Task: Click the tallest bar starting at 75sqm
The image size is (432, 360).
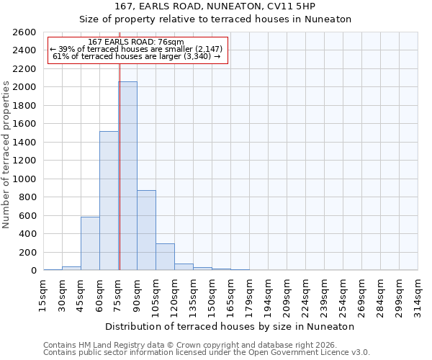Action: pyautogui.click(x=127, y=176)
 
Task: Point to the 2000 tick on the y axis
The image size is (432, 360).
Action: pyautogui.click(x=26, y=87)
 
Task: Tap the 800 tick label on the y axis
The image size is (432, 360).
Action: pyautogui.click(x=29, y=197)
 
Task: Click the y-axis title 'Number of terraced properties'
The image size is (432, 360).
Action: pyautogui.click(x=6, y=155)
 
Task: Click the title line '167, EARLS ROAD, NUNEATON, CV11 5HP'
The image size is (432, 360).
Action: pyautogui.click(x=215, y=6)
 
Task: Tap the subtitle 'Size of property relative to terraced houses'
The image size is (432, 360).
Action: pyautogui.click(x=215, y=19)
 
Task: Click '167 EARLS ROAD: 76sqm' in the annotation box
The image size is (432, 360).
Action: pyautogui.click(x=136, y=42)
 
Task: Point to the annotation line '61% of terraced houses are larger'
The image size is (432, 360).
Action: pyautogui.click(x=136, y=56)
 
